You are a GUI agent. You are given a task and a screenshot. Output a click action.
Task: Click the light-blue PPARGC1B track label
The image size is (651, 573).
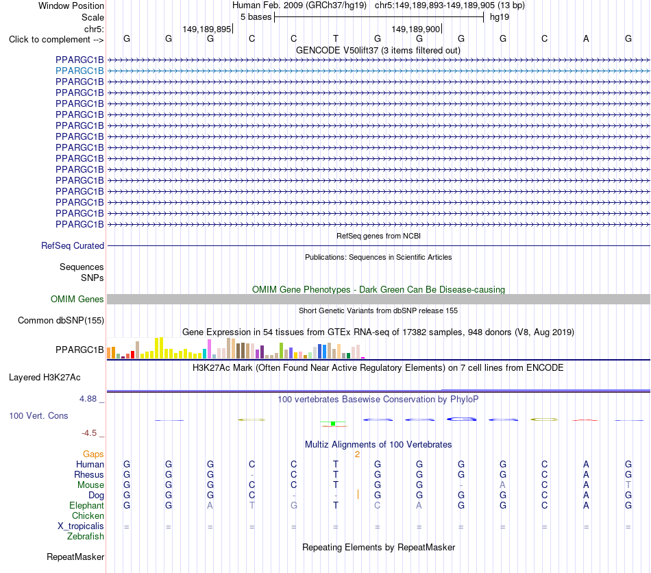(x=79, y=71)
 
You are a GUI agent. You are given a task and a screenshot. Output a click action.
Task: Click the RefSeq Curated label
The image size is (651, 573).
(x=73, y=246)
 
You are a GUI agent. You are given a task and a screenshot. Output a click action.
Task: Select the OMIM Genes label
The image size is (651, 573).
(x=77, y=299)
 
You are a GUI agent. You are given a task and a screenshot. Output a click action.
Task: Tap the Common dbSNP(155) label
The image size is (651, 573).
(x=61, y=321)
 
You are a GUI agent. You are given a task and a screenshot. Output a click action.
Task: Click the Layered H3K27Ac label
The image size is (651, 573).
(x=45, y=378)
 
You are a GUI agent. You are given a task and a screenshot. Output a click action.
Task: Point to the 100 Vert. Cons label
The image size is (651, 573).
(x=38, y=415)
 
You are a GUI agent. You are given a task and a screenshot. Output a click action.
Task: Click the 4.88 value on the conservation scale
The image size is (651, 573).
(x=88, y=399)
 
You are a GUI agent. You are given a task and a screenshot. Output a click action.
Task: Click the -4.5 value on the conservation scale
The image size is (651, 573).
(x=89, y=433)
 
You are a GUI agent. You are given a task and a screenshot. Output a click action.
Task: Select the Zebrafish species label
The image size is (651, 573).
(x=86, y=537)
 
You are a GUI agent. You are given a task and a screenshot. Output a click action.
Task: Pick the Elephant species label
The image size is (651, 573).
(x=87, y=506)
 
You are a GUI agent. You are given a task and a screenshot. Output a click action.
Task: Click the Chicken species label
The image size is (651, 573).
(x=88, y=515)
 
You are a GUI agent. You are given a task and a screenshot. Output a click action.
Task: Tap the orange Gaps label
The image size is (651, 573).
(x=93, y=454)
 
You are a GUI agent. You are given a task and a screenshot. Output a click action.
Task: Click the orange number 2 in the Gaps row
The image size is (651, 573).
(x=357, y=454)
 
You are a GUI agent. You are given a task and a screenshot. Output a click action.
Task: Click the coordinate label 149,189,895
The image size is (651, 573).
(x=207, y=29)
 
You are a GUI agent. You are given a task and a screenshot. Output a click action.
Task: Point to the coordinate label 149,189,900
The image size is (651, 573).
(x=415, y=29)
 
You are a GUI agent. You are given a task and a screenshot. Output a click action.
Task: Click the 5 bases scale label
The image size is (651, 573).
(x=256, y=17)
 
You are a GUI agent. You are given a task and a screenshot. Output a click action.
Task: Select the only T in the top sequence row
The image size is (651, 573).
(x=336, y=38)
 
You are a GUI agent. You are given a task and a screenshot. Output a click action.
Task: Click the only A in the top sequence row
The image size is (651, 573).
(x=586, y=38)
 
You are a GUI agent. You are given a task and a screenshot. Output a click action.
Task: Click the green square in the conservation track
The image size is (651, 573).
(x=333, y=424)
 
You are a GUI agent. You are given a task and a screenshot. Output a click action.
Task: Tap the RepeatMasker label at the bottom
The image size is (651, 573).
(x=75, y=557)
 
